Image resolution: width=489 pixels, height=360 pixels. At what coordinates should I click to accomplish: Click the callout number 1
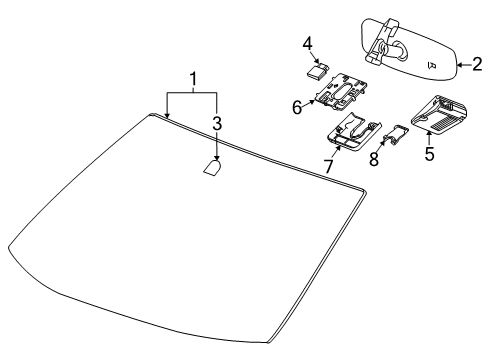[194, 78]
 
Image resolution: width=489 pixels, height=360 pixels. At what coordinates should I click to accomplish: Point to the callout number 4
[308, 43]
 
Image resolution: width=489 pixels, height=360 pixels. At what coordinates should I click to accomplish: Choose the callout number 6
[297, 106]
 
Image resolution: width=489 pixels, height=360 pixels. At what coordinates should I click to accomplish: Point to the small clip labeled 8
[396, 135]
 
